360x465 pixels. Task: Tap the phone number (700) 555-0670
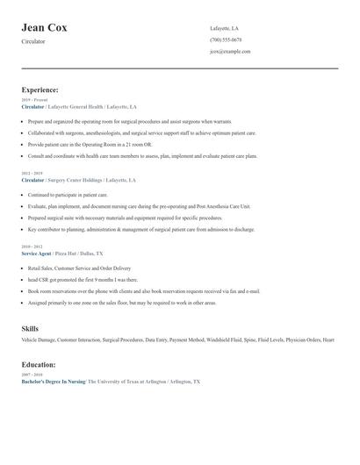[x=226, y=40]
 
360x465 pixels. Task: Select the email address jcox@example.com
[x=230, y=52]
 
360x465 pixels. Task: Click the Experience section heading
[x=40, y=90]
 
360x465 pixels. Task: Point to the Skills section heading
[x=30, y=328]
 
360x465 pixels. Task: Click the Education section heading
[x=40, y=364]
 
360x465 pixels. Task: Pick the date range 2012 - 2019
[x=31, y=174]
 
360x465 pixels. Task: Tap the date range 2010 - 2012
[x=31, y=247]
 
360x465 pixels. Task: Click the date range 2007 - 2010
[x=31, y=374]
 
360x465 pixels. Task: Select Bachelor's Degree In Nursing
[x=54, y=382]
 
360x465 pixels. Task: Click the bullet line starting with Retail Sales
[x=79, y=268]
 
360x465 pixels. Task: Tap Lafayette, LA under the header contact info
[x=224, y=29]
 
